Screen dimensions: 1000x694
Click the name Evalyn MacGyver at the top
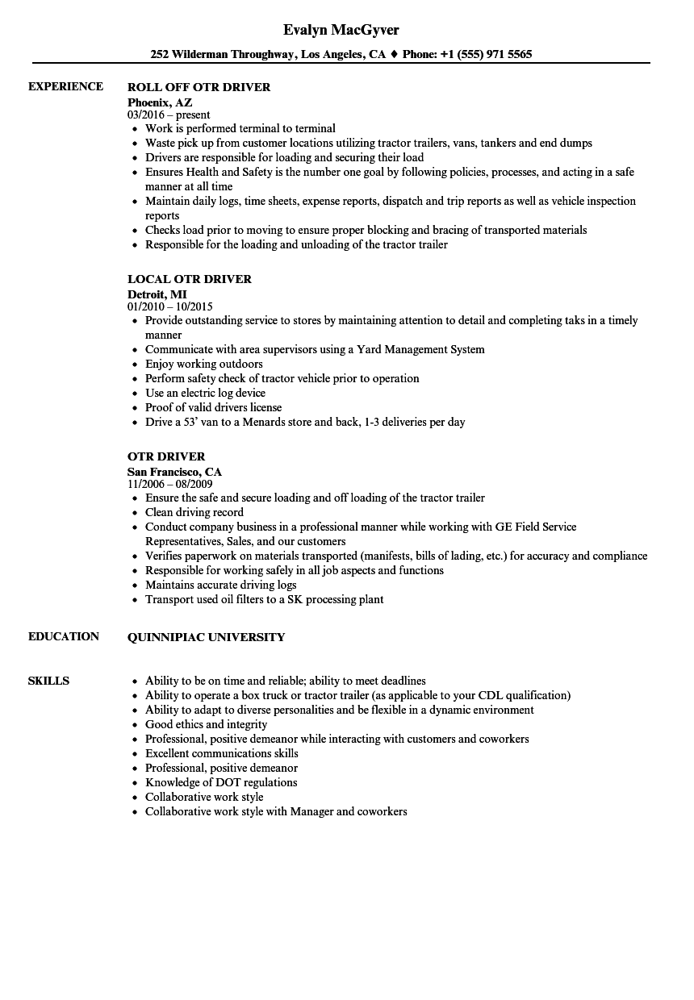(x=341, y=30)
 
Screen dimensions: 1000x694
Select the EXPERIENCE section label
(x=65, y=86)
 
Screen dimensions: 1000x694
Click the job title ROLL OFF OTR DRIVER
(x=199, y=87)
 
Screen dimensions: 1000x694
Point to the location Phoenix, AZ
(x=160, y=102)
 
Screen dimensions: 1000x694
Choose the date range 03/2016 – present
(x=169, y=115)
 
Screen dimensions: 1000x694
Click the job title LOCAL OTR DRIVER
(x=190, y=279)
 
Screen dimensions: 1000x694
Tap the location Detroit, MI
(x=157, y=294)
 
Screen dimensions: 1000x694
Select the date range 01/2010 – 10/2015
(x=169, y=306)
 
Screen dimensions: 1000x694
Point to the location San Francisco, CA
(x=174, y=472)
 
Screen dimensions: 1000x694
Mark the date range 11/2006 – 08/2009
(x=169, y=484)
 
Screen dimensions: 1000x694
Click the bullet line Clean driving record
(x=194, y=512)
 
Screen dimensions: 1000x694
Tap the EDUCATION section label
(x=64, y=636)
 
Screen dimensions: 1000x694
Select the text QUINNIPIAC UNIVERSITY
(x=206, y=637)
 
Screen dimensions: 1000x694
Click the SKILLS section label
(x=48, y=681)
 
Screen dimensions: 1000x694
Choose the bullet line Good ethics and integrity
(x=206, y=724)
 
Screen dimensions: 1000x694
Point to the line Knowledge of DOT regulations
(x=220, y=782)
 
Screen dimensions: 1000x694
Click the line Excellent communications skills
(x=221, y=753)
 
